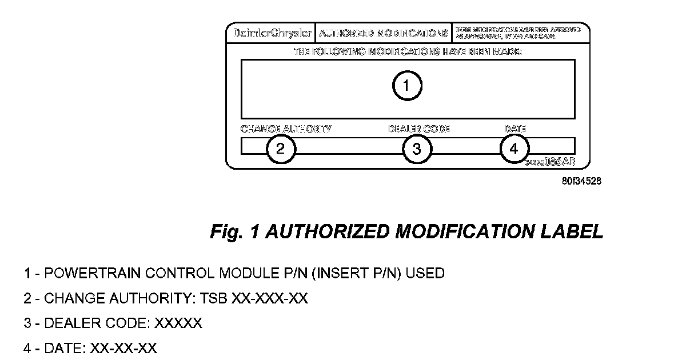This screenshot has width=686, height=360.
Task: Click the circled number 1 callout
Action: tap(406, 86)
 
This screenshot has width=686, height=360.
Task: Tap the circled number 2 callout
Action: tap(281, 149)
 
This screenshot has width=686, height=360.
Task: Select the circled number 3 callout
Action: tap(417, 149)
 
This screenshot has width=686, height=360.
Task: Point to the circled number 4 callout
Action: tap(514, 149)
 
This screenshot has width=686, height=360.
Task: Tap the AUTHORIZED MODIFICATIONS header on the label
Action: tap(383, 33)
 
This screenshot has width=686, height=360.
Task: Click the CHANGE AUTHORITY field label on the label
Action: tap(286, 129)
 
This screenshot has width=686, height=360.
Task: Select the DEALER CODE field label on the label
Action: tap(419, 129)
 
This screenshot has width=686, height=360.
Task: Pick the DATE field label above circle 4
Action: tap(514, 129)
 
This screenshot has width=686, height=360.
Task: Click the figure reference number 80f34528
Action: tap(581, 182)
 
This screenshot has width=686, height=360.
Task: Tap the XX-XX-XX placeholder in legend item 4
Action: tap(123, 348)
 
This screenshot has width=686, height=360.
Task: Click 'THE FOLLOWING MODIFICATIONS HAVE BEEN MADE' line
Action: tap(407, 51)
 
